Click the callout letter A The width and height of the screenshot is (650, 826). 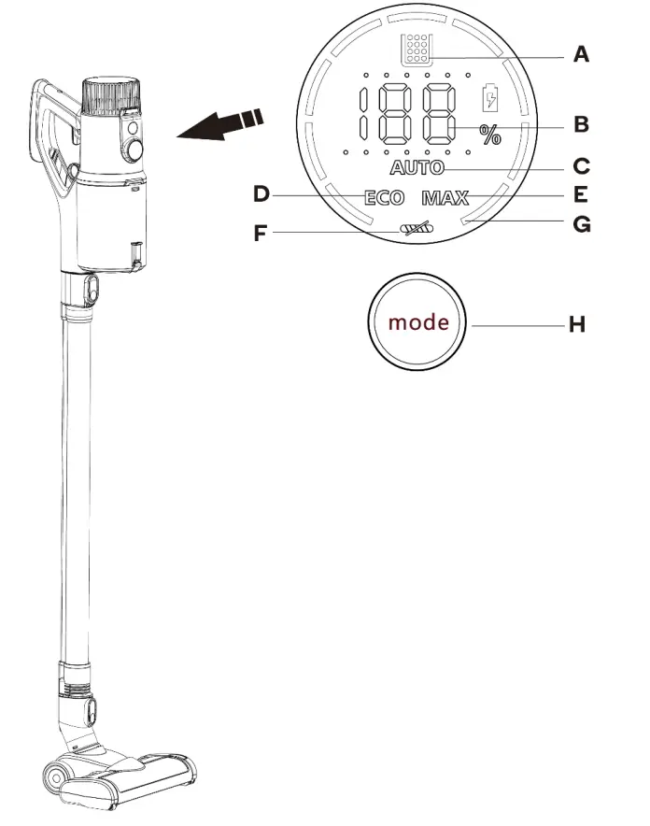pos(581,55)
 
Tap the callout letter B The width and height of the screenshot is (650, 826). pos(581,123)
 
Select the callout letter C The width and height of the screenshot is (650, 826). pos(581,167)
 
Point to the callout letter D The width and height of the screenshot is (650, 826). pos(261,194)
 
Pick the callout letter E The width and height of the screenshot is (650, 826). pos(581,194)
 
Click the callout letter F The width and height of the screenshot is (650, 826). pos(261,233)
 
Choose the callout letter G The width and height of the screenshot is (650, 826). pos(581,224)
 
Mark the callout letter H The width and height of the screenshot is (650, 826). pos(577,325)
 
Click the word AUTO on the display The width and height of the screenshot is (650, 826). pos(417,169)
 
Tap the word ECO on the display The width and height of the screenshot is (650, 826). pos(384,198)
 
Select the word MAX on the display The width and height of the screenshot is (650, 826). pos(445,198)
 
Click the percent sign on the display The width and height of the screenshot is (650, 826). pos(490,135)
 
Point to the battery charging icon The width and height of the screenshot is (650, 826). pos(489,99)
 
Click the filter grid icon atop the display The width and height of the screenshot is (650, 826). pos(412,50)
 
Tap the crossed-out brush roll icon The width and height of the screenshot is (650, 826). pos(414,228)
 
